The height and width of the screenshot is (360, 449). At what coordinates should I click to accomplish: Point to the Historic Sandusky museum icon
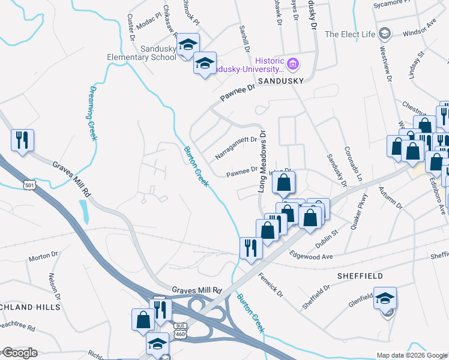(x=293, y=63)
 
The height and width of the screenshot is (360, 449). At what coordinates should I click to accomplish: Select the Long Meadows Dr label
(x=262, y=160)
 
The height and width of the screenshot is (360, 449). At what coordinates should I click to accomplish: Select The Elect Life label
(x=351, y=34)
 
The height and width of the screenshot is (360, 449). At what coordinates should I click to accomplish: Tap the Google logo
(x=19, y=353)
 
